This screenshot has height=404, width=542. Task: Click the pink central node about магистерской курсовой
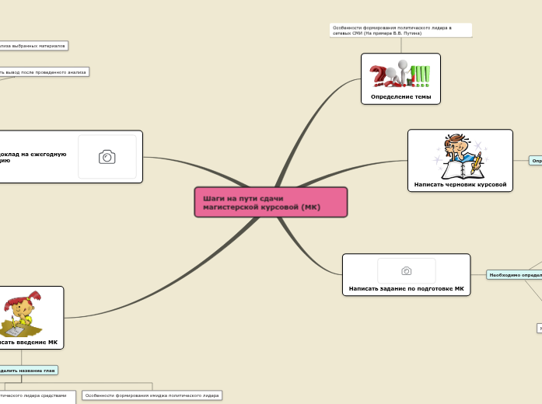point(270,202)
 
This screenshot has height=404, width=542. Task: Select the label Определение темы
point(400,96)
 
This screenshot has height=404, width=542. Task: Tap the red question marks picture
point(380,75)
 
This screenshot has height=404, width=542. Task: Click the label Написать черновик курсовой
point(460,185)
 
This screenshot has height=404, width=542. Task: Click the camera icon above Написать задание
point(406,270)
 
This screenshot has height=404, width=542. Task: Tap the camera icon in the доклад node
point(107,157)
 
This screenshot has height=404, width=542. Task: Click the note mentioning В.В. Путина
point(400,30)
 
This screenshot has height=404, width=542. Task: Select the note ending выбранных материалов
point(33,46)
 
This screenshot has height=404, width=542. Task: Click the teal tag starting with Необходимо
point(514,274)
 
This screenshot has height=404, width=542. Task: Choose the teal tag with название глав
point(28,370)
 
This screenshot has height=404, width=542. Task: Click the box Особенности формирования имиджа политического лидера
point(152,395)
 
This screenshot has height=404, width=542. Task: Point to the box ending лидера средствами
point(37,395)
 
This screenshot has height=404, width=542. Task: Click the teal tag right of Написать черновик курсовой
point(536,161)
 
